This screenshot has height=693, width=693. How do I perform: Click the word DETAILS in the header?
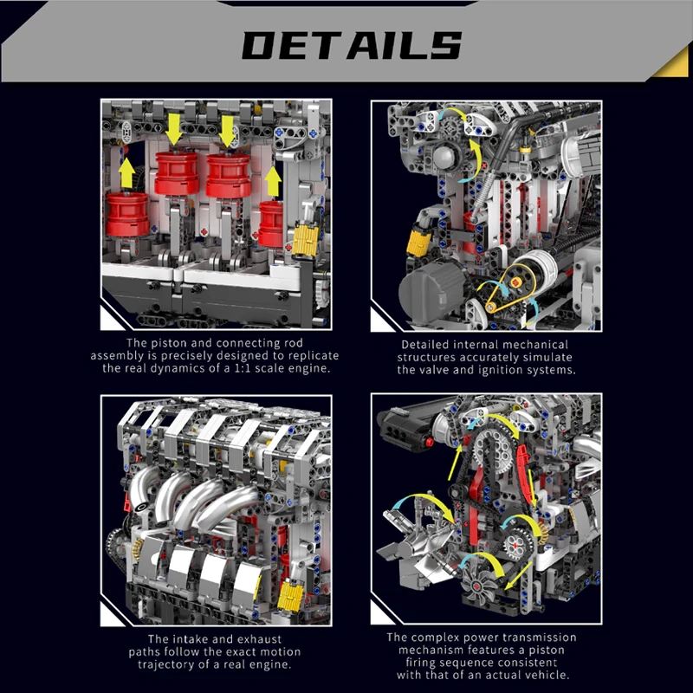click(351, 45)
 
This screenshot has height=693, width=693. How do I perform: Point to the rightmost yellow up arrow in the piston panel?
click(273, 182)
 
